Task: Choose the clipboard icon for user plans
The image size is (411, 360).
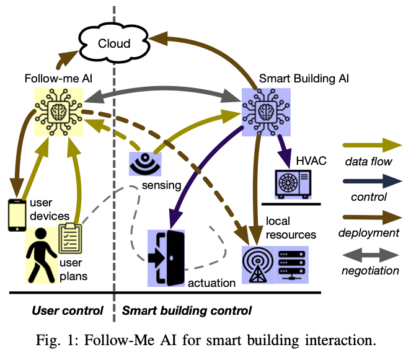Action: [69, 239]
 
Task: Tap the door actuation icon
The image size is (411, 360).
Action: [166, 258]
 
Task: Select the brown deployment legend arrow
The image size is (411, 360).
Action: [371, 217]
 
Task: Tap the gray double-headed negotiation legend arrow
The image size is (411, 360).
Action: [371, 254]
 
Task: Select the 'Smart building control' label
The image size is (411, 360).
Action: [186, 309]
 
